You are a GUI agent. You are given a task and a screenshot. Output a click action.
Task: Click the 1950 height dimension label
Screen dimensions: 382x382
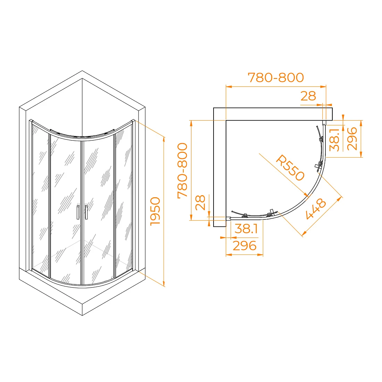pos(156,211)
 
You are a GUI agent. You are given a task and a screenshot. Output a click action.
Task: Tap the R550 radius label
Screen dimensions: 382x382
pos(290,168)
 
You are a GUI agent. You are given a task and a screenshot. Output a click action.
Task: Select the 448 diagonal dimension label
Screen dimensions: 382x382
pos(316,209)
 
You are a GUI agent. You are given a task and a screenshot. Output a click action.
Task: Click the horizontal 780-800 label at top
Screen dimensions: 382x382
pos(276,77)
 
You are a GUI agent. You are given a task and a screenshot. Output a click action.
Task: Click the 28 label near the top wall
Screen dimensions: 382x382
pos(308,96)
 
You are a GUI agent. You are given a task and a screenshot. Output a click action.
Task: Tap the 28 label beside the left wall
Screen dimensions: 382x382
pos(200,202)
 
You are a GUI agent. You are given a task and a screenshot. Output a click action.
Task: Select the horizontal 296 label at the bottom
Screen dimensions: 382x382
pos(244,246)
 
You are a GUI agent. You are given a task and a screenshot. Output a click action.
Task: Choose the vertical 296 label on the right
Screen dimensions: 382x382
pos(352,139)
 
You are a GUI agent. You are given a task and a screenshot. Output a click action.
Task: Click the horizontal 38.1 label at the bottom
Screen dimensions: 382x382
pos(246,229)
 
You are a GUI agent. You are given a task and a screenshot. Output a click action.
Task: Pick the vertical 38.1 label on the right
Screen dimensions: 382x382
pos(334,140)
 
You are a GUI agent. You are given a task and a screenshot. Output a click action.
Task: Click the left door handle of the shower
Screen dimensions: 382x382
pos(78,212)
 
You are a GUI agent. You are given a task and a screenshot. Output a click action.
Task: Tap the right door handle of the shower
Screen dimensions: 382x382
pos(86,212)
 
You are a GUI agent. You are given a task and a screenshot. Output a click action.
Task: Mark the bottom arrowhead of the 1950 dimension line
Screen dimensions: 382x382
pos(164,284)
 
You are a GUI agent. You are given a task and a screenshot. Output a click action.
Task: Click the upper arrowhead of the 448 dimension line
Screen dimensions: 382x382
pos(339,199)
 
